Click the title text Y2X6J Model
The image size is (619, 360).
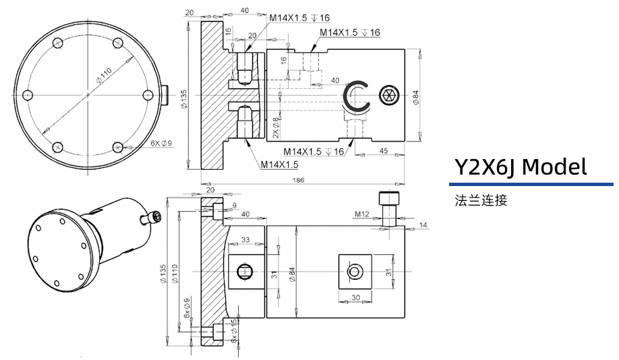pyautogui.click(x=520, y=166)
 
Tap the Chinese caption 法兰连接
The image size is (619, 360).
pyautogui.click(x=480, y=200)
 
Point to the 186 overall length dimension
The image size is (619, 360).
pyautogui.click(x=299, y=180)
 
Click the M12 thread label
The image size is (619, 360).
pyautogui.click(x=363, y=214)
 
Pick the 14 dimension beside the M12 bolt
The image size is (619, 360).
pyautogui.click(x=423, y=224)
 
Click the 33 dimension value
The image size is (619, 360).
pyautogui.click(x=245, y=239)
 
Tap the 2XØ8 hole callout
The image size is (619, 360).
pyautogui.click(x=276, y=127)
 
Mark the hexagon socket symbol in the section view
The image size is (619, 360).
pyautogui.click(x=388, y=95)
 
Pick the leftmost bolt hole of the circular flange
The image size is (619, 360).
pyautogui.click(x=27, y=95)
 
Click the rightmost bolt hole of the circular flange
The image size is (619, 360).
pyautogui.click(x=149, y=95)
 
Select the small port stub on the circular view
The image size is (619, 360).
pyautogui.click(x=165, y=95)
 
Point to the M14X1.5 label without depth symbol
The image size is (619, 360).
pyautogui.click(x=280, y=164)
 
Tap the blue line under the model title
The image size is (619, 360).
pyautogui.click(x=531, y=184)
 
